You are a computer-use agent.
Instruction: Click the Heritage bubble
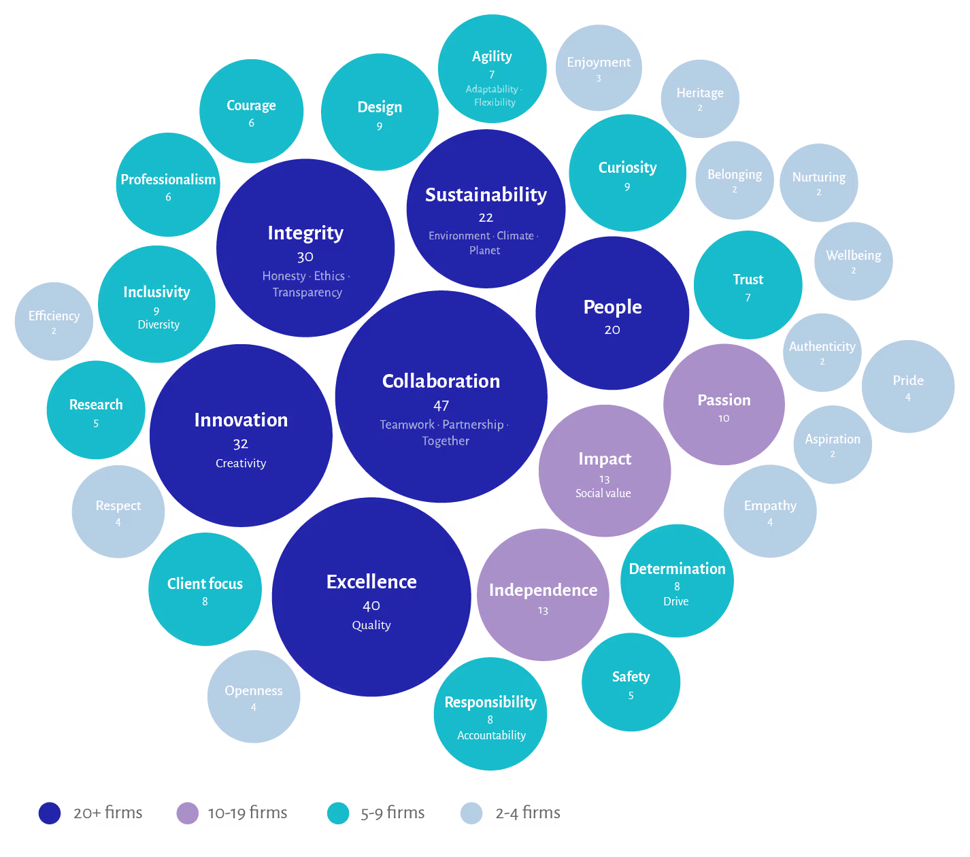[700, 99]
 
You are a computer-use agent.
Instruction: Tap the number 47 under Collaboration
[441, 405]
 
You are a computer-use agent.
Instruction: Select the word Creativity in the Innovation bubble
[241, 463]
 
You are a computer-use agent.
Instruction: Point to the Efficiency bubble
[54, 322]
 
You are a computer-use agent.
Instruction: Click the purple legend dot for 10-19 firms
[187, 813]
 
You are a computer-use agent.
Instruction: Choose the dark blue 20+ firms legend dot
[50, 813]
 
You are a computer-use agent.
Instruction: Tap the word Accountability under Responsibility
[491, 735]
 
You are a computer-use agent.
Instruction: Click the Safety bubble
[631, 682]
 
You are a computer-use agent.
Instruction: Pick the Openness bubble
[254, 696]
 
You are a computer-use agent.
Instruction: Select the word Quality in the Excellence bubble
[371, 625]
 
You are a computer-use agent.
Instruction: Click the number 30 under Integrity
[305, 257]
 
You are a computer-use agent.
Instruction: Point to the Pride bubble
[908, 386]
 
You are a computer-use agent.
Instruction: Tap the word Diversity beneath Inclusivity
[158, 325]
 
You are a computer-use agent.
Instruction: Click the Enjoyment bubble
[599, 68]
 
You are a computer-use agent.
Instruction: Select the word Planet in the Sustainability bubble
[484, 250]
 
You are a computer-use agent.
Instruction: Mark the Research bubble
[96, 409]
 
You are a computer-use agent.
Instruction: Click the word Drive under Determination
[676, 601]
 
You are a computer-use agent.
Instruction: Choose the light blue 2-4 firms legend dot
[471, 813]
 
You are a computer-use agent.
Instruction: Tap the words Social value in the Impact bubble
[603, 493]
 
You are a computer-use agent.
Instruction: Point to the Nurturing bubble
[819, 182]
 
